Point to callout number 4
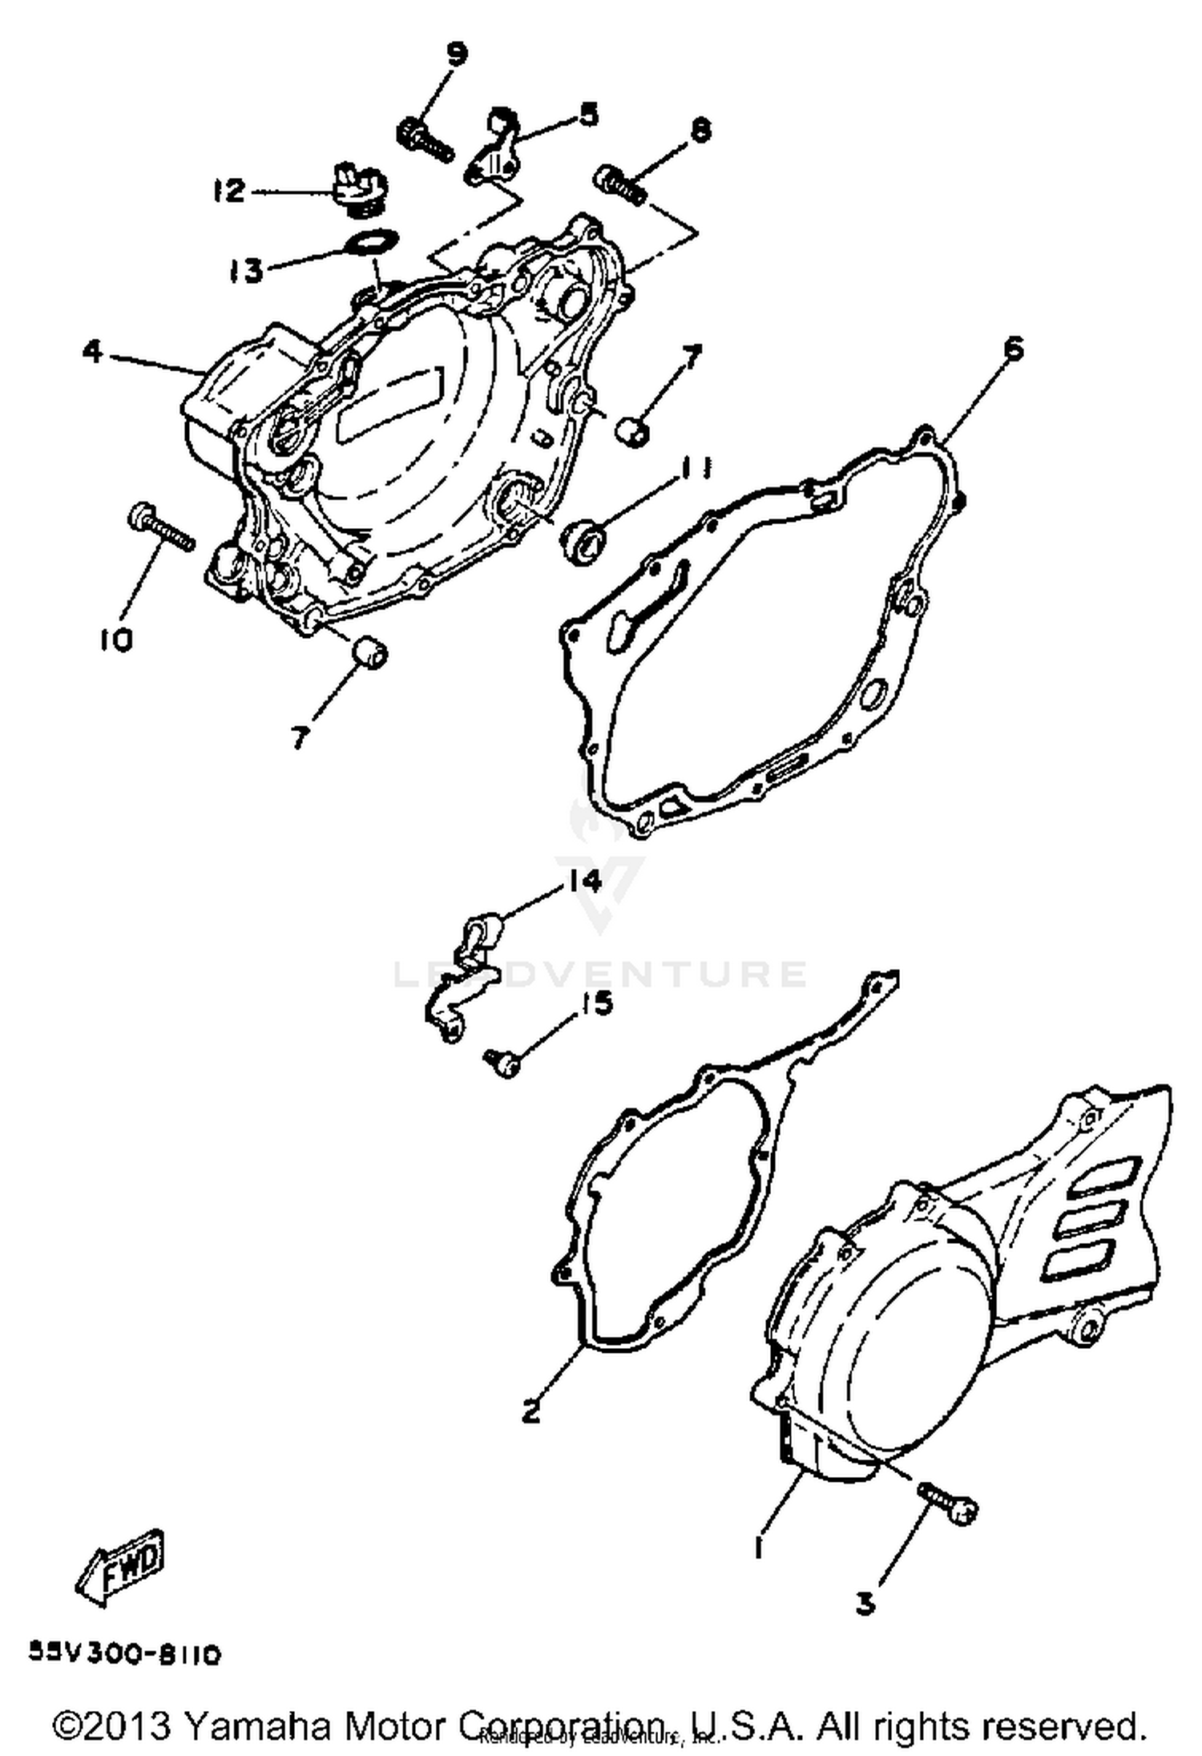pos(94,350)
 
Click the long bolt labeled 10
pos(163,527)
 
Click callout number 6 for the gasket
pos(1013,349)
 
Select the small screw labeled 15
pos(503,1061)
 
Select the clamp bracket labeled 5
pos(495,147)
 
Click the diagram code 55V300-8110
pos(124,1653)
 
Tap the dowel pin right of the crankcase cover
pos(633,430)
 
